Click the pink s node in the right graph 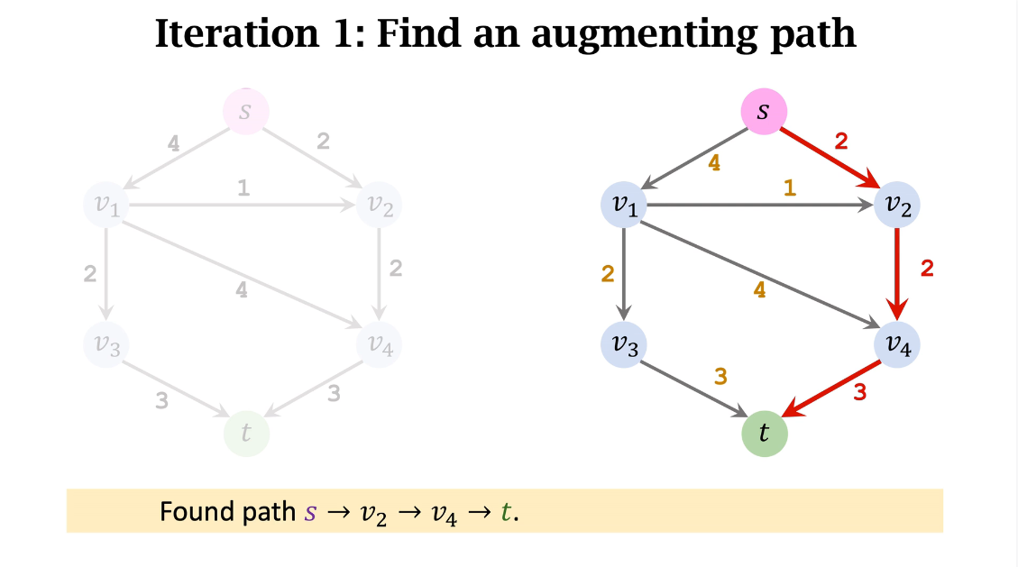coord(764,112)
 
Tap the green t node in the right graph coord(765,434)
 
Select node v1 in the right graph coord(624,206)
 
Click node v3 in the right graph coord(624,344)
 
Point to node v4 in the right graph coord(897,344)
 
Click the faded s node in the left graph coord(245,112)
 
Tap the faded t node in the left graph coord(246,434)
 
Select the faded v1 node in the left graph coord(106,206)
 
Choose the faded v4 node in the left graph coord(380,344)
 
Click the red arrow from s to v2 coord(830,158)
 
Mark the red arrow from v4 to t coord(831,389)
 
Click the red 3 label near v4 coord(859,393)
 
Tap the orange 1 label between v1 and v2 coord(790,189)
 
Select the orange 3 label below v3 coord(720,378)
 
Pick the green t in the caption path coord(506,513)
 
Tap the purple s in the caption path coord(311,513)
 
